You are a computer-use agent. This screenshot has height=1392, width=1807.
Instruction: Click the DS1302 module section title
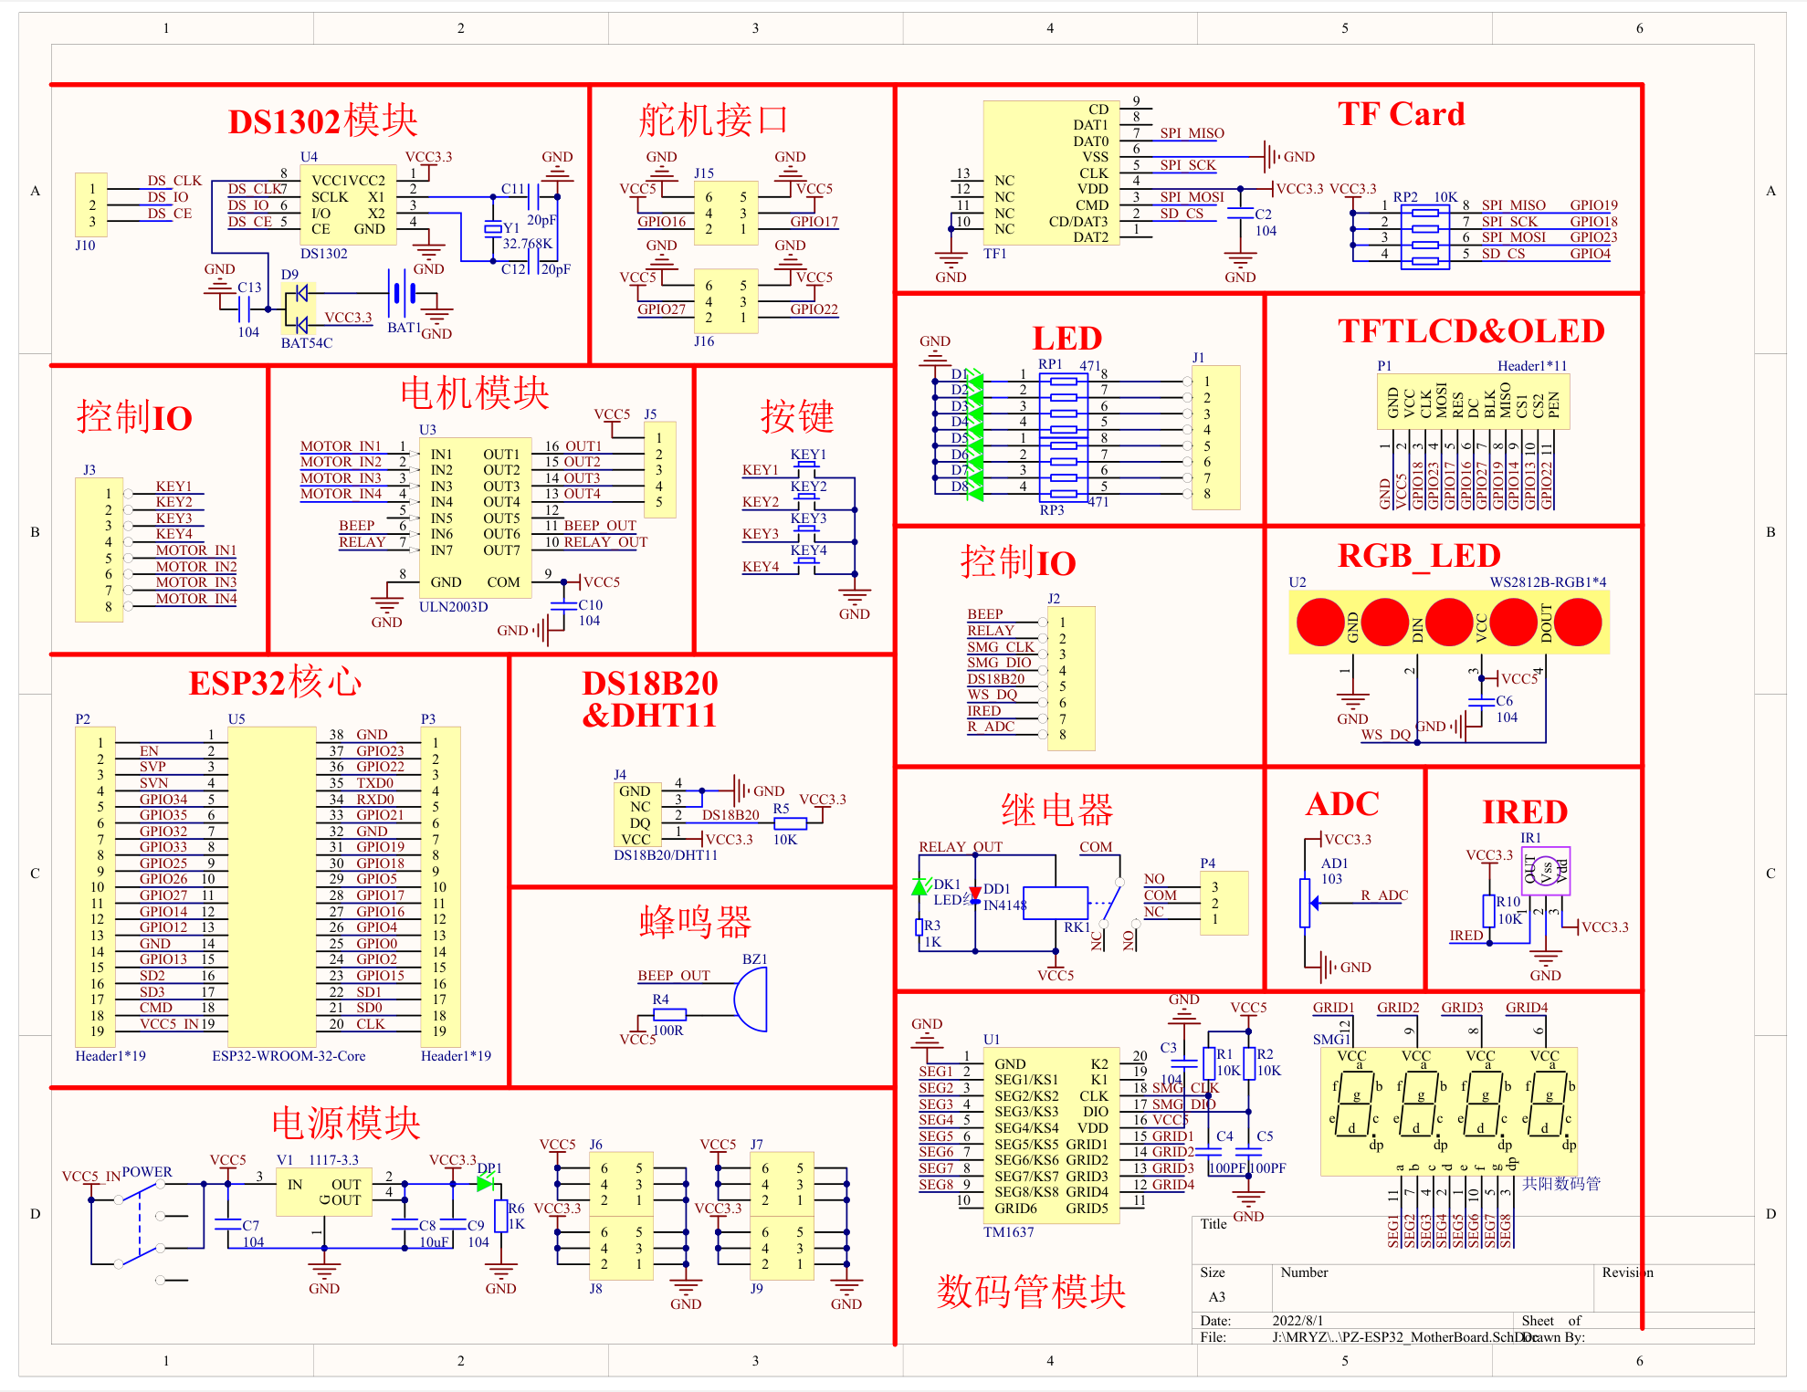click(322, 120)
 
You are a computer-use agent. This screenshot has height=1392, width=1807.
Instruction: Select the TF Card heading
click(1401, 114)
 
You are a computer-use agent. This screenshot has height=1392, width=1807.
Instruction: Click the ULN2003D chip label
click(453, 607)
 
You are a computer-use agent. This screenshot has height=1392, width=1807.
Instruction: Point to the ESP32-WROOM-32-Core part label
click(289, 1056)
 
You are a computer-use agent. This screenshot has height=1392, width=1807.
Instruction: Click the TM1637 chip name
click(1008, 1232)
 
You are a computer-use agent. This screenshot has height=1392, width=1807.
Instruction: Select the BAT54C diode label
click(306, 343)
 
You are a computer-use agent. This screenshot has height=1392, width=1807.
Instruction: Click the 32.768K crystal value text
click(527, 244)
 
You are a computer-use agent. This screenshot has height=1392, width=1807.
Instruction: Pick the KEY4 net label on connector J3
click(173, 534)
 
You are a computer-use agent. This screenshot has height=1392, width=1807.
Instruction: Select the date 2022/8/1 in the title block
click(1297, 1321)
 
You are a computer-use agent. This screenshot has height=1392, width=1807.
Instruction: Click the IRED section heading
click(1524, 811)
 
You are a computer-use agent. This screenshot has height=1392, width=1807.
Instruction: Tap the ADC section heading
click(1341, 804)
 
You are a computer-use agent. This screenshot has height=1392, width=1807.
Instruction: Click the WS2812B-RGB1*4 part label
click(1548, 582)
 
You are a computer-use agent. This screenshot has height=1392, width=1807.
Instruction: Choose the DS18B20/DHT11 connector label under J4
click(665, 855)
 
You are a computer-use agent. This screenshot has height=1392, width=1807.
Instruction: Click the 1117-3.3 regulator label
click(333, 1160)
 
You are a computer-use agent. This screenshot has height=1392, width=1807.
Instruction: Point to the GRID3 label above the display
click(1461, 1008)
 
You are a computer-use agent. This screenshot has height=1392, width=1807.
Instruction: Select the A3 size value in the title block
click(1216, 1297)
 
